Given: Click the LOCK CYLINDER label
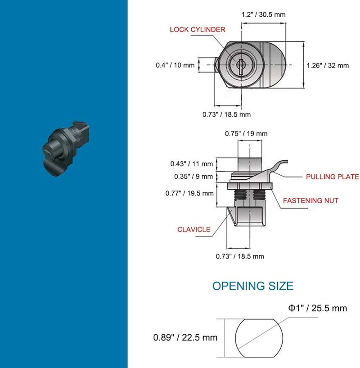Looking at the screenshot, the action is pyautogui.click(x=198, y=30).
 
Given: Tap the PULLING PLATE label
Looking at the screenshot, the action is pyautogui.click(x=333, y=177).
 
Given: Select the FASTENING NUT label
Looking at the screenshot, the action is pyautogui.click(x=310, y=200).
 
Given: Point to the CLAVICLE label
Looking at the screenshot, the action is pyautogui.click(x=194, y=230).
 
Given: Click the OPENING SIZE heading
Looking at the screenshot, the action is pyautogui.click(x=253, y=286).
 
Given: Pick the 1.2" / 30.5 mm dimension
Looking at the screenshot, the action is pyautogui.click(x=264, y=14).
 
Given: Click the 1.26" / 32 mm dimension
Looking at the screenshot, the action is pyautogui.click(x=328, y=65).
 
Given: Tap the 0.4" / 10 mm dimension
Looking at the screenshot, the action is pyautogui.click(x=175, y=65).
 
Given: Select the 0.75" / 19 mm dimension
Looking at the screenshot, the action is pyautogui.click(x=246, y=133).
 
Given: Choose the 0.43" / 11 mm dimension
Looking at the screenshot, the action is pyautogui.click(x=192, y=164).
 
